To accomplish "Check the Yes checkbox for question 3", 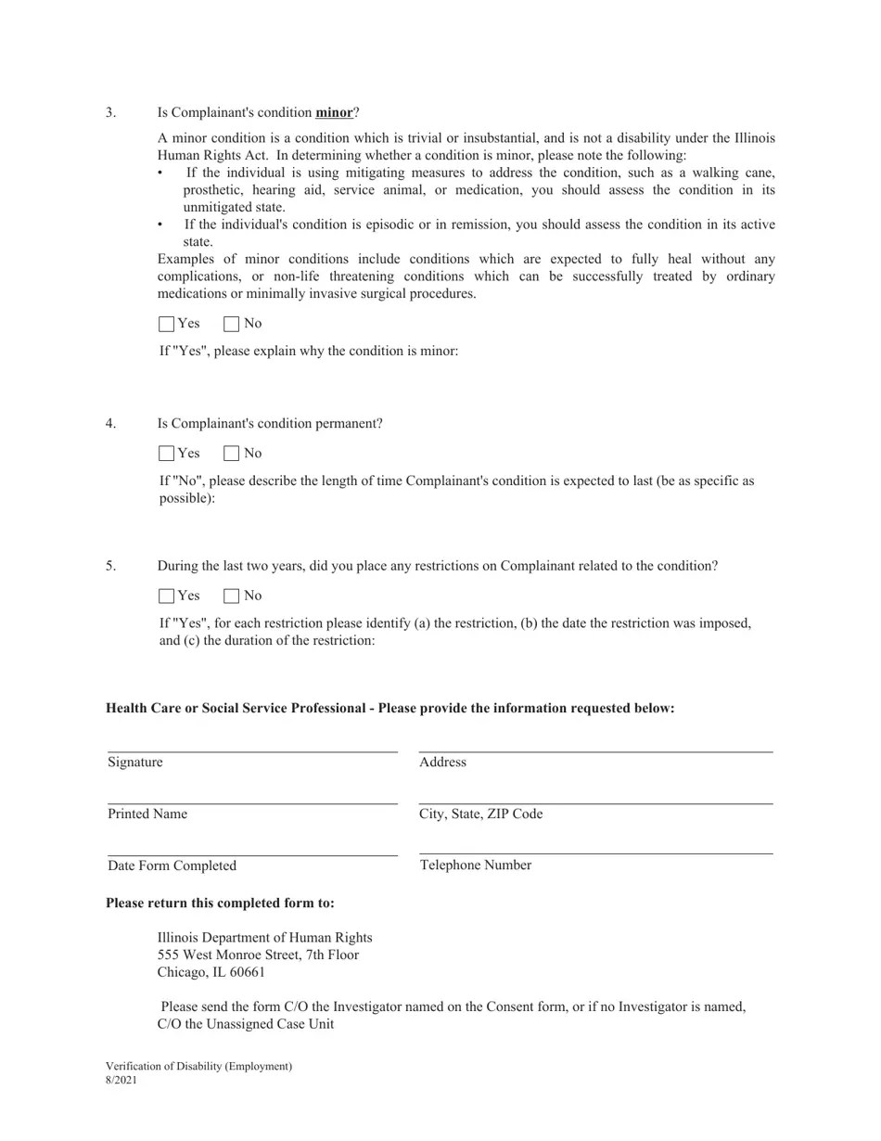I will (x=167, y=324).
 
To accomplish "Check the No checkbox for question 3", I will (x=232, y=324).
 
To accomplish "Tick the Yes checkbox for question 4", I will (x=167, y=454).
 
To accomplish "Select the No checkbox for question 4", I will (x=232, y=454).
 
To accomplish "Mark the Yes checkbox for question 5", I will (x=167, y=596).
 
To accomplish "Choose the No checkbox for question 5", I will (x=232, y=596).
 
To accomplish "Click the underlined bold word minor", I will (x=334, y=112).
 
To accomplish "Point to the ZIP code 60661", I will (x=247, y=972).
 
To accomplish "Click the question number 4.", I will (x=110, y=424).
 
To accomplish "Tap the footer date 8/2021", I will (x=121, y=1080).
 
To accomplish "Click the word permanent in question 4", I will (x=345, y=424).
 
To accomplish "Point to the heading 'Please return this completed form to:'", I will (x=220, y=904).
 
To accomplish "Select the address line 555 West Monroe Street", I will (x=258, y=955).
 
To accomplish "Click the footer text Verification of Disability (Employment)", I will (x=198, y=1067).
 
